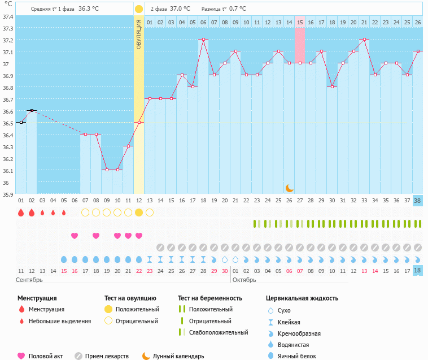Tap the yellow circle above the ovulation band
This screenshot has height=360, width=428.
(x=139, y=9)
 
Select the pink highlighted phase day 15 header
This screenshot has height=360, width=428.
(x=300, y=22)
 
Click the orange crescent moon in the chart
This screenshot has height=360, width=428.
(x=289, y=188)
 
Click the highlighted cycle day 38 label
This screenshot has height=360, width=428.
(x=417, y=201)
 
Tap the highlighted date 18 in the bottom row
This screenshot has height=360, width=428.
(x=417, y=271)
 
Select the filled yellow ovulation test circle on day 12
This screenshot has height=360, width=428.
(x=139, y=212)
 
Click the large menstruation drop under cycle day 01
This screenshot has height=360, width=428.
(x=21, y=212)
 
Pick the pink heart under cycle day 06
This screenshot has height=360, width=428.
(x=75, y=236)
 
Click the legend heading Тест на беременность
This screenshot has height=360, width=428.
(x=209, y=298)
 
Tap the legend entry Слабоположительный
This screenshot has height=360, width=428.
(x=219, y=332)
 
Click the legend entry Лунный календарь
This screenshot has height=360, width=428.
(x=178, y=356)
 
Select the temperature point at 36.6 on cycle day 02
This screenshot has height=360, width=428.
(x=32, y=110)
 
